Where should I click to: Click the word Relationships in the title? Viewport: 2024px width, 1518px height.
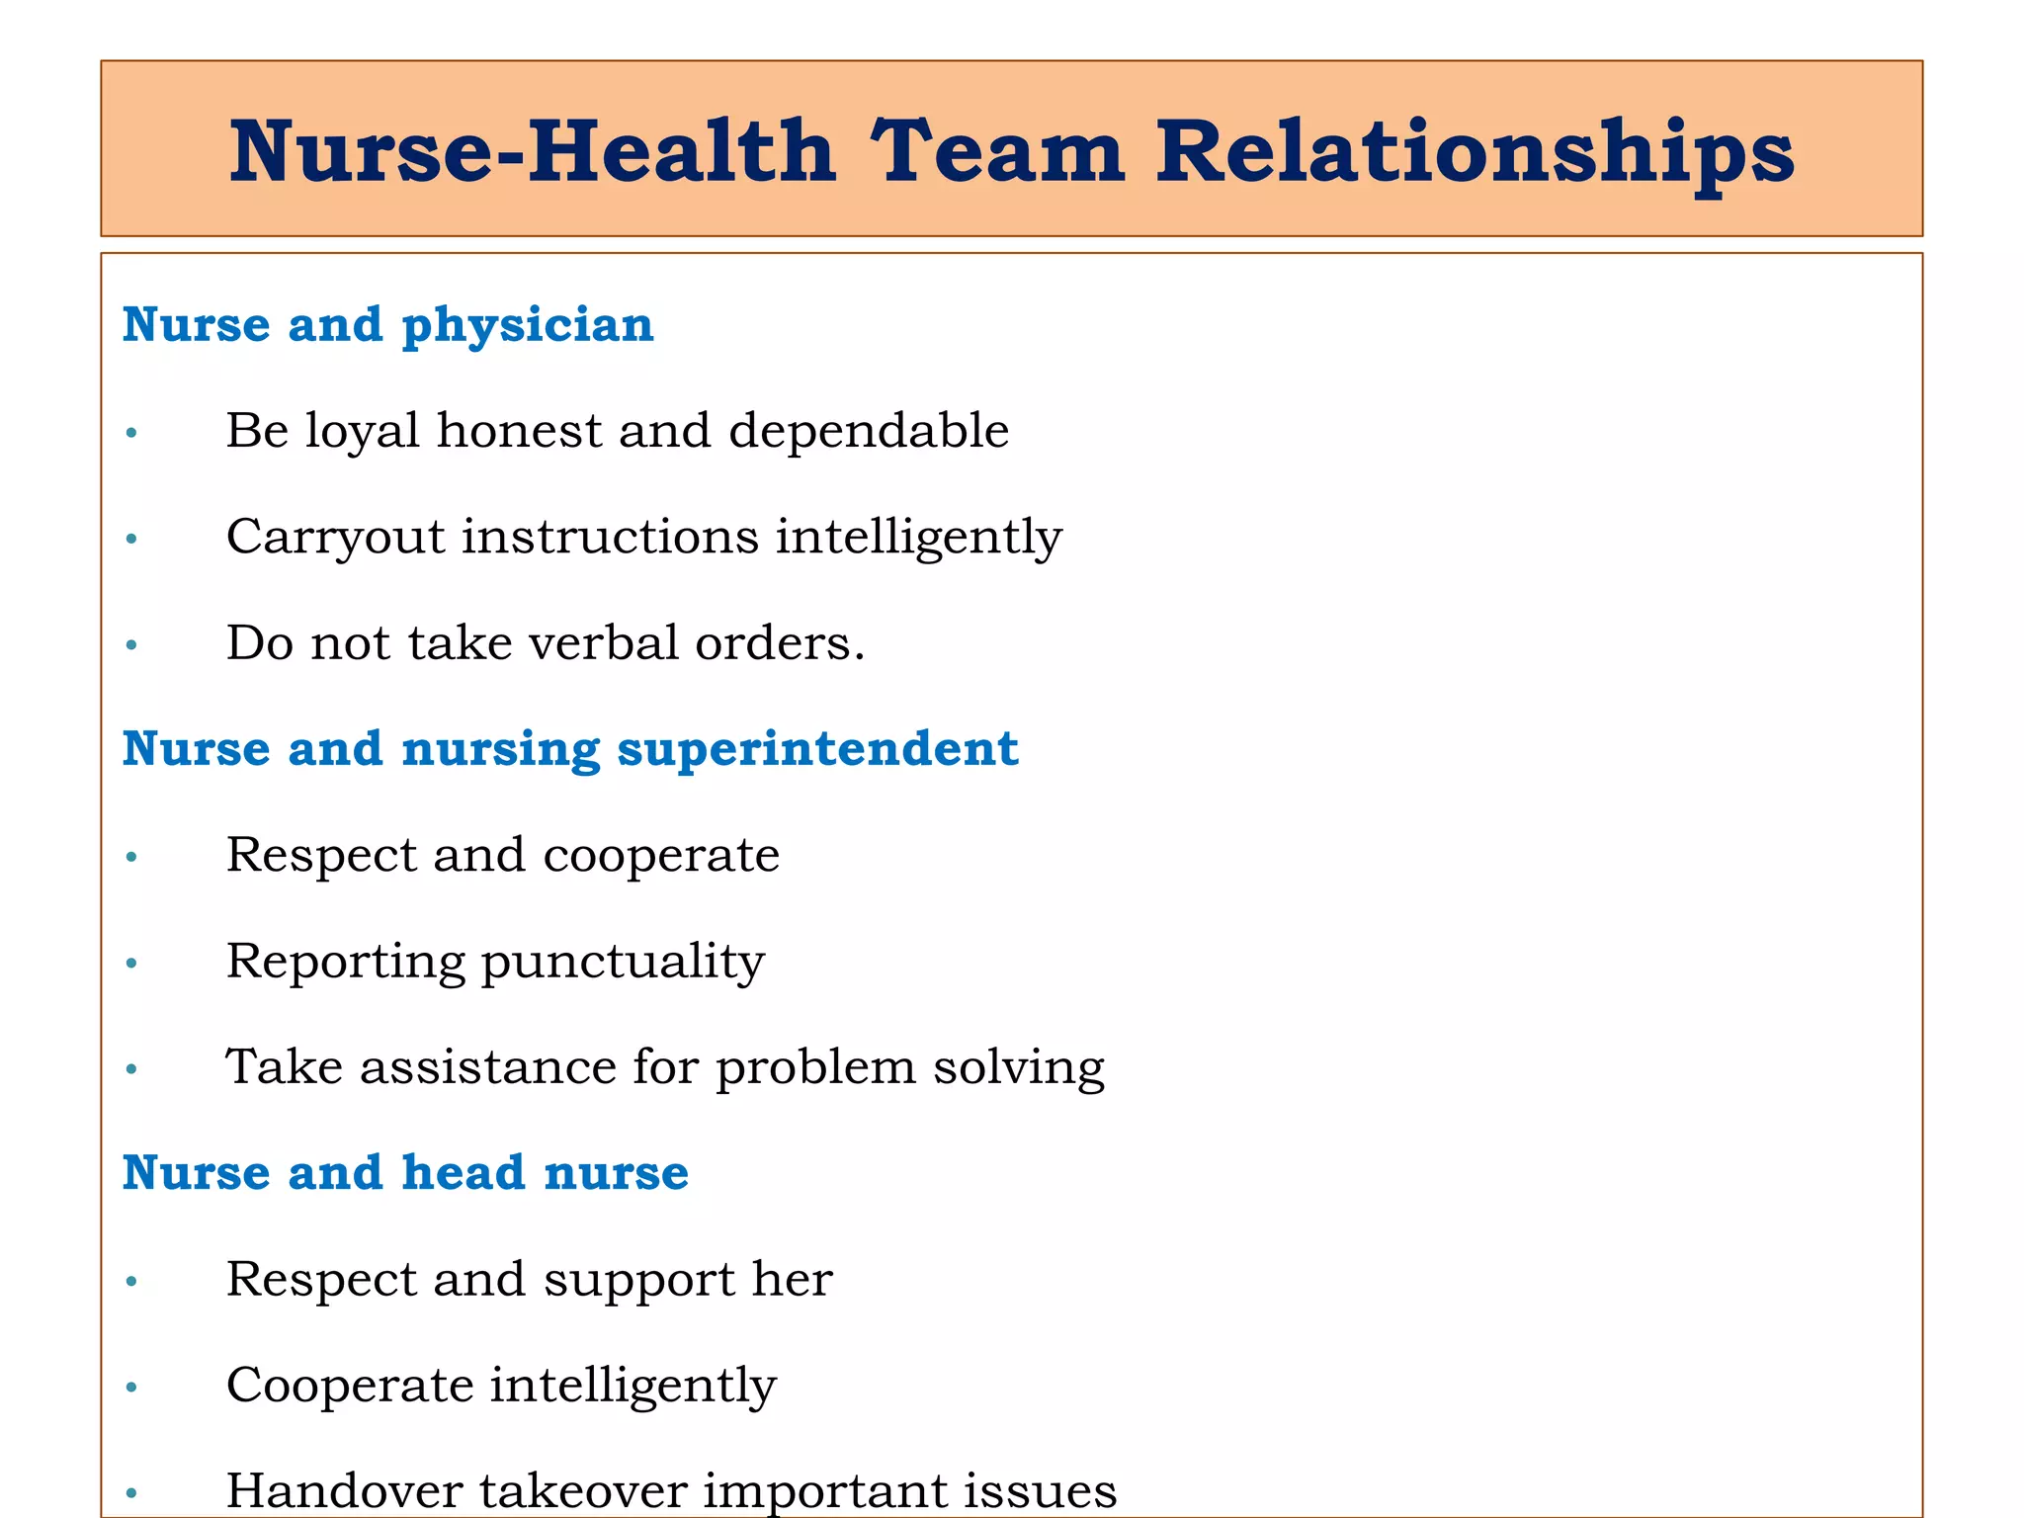pyautogui.click(x=1475, y=153)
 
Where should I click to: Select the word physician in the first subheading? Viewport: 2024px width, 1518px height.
pyautogui.click(x=528, y=325)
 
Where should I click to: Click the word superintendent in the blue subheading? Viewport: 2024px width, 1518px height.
pyautogui.click(x=817, y=748)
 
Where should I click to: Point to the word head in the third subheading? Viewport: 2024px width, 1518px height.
pyautogui.click(x=463, y=1173)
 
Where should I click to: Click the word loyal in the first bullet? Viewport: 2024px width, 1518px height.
pyautogui.click(x=362, y=432)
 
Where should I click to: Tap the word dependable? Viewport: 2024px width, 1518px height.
pyautogui.click(x=869, y=431)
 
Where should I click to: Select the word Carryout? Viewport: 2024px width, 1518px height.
pyautogui.click(x=336, y=539)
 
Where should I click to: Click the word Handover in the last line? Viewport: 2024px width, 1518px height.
pyautogui.click(x=345, y=1490)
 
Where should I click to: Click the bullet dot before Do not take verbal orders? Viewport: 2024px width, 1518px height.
pyautogui.click(x=131, y=645)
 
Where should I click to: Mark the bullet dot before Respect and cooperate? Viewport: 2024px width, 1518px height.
pyautogui.click(x=131, y=857)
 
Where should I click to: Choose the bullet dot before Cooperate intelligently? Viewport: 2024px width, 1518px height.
pyautogui.click(x=131, y=1387)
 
